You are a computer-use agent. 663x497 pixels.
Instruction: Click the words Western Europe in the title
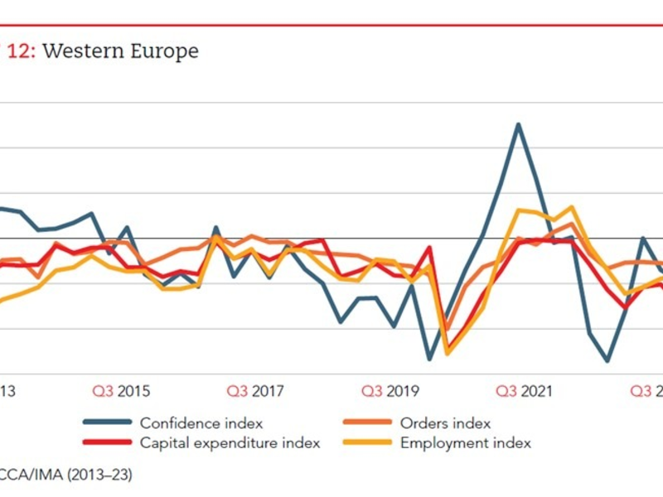(x=120, y=51)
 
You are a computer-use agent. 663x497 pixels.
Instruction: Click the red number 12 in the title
(x=21, y=51)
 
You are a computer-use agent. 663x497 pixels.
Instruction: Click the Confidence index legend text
(x=201, y=423)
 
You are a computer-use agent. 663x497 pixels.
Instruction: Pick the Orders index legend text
(x=445, y=423)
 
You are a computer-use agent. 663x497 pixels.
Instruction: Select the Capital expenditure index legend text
(x=230, y=443)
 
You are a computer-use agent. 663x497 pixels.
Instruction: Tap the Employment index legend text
(x=465, y=443)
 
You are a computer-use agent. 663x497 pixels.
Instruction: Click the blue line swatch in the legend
(x=107, y=423)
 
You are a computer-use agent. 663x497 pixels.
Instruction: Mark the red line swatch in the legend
(x=107, y=443)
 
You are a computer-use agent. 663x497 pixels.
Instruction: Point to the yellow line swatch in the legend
(x=367, y=443)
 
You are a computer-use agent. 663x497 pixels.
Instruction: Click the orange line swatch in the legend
(x=367, y=423)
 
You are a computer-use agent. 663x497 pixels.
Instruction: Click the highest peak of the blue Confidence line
(x=518, y=124)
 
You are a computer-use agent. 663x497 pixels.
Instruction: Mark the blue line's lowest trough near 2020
(x=429, y=359)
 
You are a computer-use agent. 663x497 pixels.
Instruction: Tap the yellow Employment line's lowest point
(x=448, y=354)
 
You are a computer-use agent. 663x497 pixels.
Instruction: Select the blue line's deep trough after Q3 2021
(x=607, y=361)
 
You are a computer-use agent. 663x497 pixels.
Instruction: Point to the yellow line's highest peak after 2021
(x=571, y=207)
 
